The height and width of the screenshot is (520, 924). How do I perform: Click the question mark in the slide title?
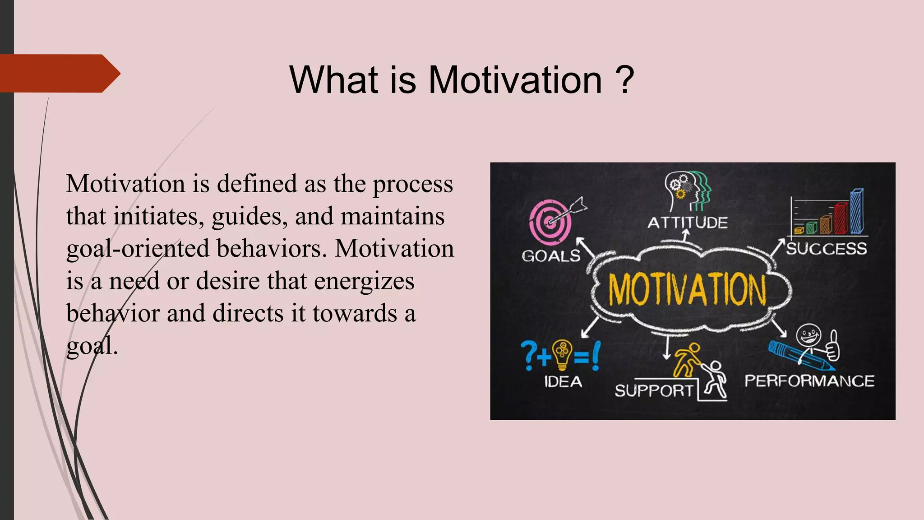(x=624, y=80)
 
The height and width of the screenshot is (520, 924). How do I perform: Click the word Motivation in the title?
(x=515, y=80)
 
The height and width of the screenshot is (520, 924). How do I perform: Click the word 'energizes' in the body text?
(x=364, y=281)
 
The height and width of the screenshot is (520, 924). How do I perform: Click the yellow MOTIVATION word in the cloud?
(x=687, y=289)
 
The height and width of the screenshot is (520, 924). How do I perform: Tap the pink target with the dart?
(x=550, y=222)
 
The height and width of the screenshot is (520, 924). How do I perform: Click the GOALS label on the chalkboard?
(x=551, y=256)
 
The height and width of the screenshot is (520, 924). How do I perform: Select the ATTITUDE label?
(x=688, y=223)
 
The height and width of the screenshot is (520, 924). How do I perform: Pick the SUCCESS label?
(x=827, y=249)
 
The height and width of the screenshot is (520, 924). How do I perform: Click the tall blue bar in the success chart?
(x=856, y=211)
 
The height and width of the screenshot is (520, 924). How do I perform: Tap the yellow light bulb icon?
(x=562, y=355)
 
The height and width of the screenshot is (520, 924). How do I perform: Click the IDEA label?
(x=563, y=382)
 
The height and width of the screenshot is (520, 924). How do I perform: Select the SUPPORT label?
(x=654, y=390)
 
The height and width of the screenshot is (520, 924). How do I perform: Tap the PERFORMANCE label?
(x=809, y=381)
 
